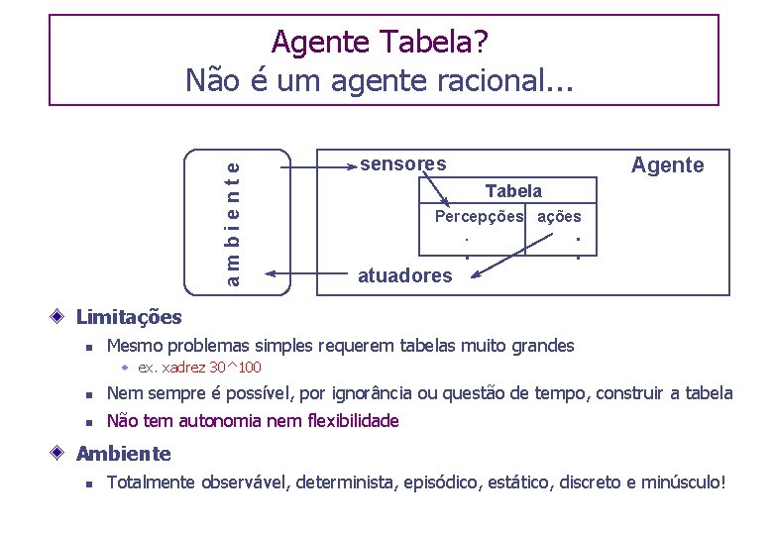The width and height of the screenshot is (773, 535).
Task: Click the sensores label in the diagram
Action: pos(402,163)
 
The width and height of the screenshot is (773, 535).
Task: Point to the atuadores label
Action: pos(404,275)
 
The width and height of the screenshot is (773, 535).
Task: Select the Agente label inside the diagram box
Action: pos(668,165)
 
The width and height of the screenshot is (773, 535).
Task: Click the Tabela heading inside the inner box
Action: pos(513,190)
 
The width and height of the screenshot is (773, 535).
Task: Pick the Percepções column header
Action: pos(480,216)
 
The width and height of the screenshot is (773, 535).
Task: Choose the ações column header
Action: pos(559,216)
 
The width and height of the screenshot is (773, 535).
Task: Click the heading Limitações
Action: pos(129,317)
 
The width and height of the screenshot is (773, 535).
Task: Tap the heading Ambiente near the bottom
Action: pos(123,454)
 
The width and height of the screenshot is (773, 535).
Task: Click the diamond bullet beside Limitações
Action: pos(59,317)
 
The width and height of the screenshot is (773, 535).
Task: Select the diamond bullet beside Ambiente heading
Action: pos(59,454)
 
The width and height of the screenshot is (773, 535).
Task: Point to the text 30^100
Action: pos(235,368)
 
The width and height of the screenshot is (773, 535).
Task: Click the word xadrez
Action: pos(184,368)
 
